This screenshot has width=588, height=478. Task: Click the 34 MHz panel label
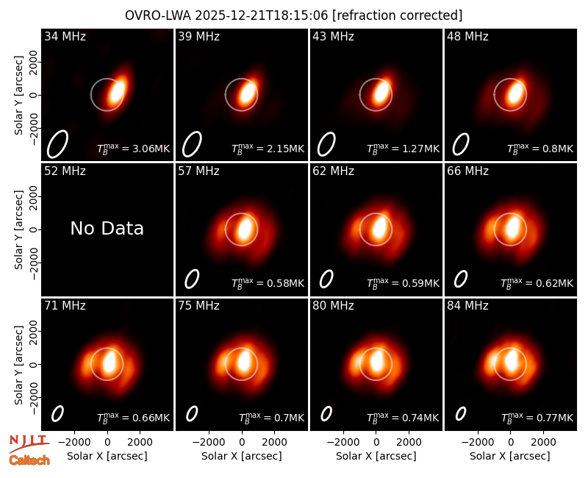[65, 36]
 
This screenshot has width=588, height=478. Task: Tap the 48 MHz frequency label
[467, 36]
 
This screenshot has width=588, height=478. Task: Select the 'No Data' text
[107, 228]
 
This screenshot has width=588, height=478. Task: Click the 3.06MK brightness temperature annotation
[134, 149]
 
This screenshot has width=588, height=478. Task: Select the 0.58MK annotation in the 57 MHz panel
[268, 283]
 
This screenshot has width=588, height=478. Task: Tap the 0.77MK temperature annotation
[537, 417]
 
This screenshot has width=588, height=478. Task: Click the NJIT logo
[29, 443]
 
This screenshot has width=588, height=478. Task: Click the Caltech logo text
[29, 460]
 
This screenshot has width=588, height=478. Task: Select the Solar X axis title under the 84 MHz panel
[510, 456]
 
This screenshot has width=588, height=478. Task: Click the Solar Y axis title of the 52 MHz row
[18, 229]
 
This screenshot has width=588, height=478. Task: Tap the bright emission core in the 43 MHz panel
[381, 93]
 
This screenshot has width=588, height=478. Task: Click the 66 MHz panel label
[467, 171]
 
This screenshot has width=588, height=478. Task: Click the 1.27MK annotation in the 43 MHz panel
[403, 149]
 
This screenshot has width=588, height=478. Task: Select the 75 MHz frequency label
[198, 306]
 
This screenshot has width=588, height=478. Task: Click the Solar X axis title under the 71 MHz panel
[107, 456]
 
